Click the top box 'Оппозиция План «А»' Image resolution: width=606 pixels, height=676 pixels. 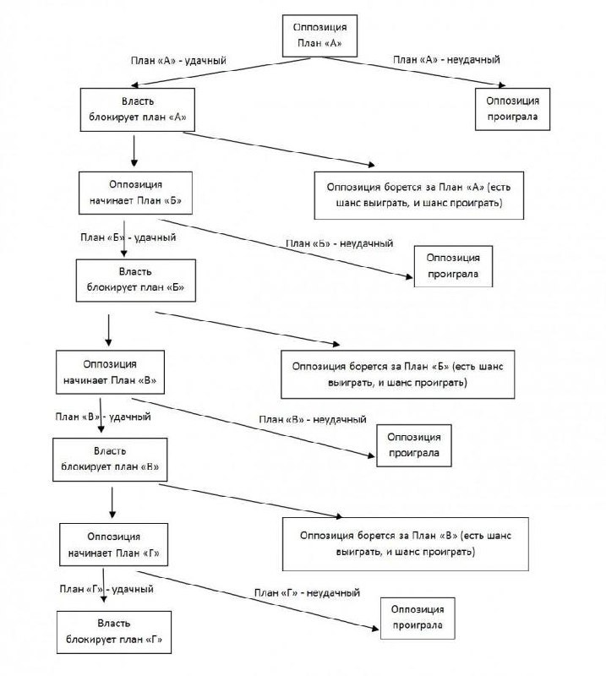[x=319, y=35]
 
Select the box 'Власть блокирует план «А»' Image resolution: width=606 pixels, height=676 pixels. [x=138, y=110]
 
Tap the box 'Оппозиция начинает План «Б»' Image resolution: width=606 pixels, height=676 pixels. [x=135, y=193]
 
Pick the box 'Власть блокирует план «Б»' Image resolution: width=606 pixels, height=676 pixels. [x=136, y=281]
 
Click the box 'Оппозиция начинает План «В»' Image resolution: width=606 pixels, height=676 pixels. [x=111, y=372]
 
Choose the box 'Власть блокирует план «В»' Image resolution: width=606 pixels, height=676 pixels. [x=110, y=460]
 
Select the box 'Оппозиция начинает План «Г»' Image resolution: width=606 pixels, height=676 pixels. [x=114, y=544]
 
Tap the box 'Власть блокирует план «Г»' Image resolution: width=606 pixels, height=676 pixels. [x=114, y=632]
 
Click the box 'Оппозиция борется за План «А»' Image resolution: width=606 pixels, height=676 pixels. [x=419, y=195]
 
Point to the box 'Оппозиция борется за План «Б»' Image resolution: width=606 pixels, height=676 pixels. [x=398, y=374]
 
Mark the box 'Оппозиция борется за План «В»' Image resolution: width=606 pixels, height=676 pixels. [x=406, y=544]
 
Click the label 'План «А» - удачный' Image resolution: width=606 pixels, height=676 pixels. [x=178, y=60]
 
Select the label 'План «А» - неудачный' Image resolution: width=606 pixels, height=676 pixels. [x=446, y=59]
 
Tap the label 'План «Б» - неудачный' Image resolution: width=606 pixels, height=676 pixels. [x=340, y=243]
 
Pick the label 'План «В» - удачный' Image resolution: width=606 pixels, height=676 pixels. [x=103, y=417]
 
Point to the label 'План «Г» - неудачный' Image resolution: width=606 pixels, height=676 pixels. [x=307, y=593]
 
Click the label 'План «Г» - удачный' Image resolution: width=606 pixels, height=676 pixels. [x=106, y=589]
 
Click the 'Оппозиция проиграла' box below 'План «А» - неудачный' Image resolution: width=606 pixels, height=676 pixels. [x=512, y=109]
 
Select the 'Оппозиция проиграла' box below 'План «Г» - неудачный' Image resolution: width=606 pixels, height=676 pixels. [x=418, y=619]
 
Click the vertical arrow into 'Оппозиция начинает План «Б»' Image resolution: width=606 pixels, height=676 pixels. [x=134, y=151]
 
